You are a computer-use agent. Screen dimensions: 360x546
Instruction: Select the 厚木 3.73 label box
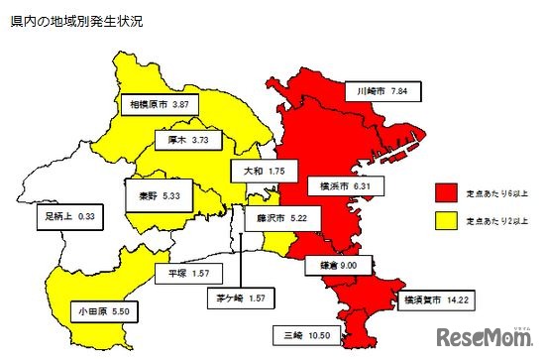click(x=187, y=141)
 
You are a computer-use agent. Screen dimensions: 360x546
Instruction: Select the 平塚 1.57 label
click(x=185, y=273)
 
